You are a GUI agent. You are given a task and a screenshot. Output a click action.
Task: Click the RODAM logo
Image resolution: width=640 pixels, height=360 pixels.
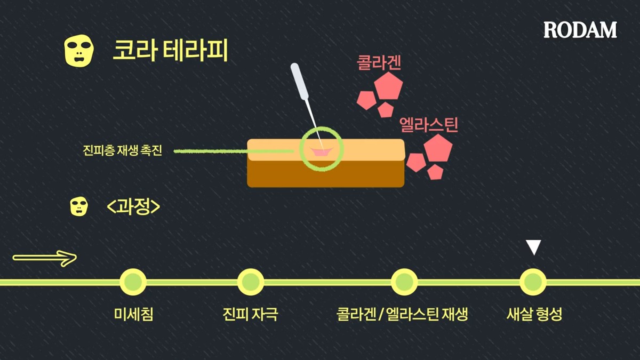pyautogui.click(x=580, y=30)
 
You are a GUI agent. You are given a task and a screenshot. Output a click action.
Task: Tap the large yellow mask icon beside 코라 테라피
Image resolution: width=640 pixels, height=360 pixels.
pyautogui.click(x=79, y=51)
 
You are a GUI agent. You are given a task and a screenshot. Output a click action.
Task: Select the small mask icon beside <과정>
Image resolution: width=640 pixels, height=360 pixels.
pyautogui.click(x=79, y=206)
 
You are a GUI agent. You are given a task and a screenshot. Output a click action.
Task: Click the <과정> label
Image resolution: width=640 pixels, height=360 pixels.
pyautogui.click(x=133, y=206)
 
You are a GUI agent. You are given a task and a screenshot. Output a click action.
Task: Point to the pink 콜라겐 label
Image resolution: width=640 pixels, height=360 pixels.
pyautogui.click(x=379, y=63)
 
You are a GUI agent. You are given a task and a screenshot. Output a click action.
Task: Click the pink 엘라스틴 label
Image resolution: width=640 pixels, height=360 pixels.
pyautogui.click(x=429, y=125)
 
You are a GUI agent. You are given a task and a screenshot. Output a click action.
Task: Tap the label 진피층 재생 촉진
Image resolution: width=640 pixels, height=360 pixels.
pyautogui.click(x=122, y=151)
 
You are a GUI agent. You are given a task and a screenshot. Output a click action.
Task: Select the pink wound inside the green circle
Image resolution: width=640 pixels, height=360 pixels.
pyautogui.click(x=321, y=153)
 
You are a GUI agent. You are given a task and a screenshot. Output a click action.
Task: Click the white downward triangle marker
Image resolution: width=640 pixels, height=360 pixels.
pyautogui.click(x=533, y=247)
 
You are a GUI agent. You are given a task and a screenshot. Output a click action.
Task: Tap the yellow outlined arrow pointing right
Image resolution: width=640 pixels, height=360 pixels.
pyautogui.click(x=45, y=259)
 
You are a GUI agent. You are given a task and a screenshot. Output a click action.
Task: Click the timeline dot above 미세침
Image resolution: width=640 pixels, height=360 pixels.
pyautogui.click(x=133, y=282)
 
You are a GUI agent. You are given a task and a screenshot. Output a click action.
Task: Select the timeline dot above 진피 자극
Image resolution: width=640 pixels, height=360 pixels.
pyautogui.click(x=250, y=282)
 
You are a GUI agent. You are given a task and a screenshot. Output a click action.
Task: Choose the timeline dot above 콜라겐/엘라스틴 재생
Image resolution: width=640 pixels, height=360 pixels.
pyautogui.click(x=404, y=282)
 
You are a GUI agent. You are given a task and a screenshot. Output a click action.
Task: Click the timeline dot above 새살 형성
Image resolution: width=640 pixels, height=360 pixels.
pyautogui.click(x=533, y=282)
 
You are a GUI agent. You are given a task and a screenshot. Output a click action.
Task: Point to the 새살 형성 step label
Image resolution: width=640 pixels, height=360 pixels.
pyautogui.click(x=534, y=314)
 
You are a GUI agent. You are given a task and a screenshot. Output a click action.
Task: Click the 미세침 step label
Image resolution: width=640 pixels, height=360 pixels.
pyautogui.click(x=133, y=314)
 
